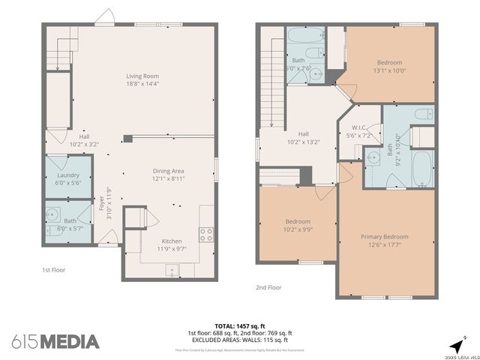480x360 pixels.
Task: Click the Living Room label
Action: [142, 76]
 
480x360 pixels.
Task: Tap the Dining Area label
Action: [169, 171]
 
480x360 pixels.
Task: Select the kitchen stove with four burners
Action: [205, 232]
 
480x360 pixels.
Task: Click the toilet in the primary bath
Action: [424, 115]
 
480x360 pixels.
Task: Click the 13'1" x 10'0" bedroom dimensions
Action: [389, 71]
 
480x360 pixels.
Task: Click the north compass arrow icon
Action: [455, 344]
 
